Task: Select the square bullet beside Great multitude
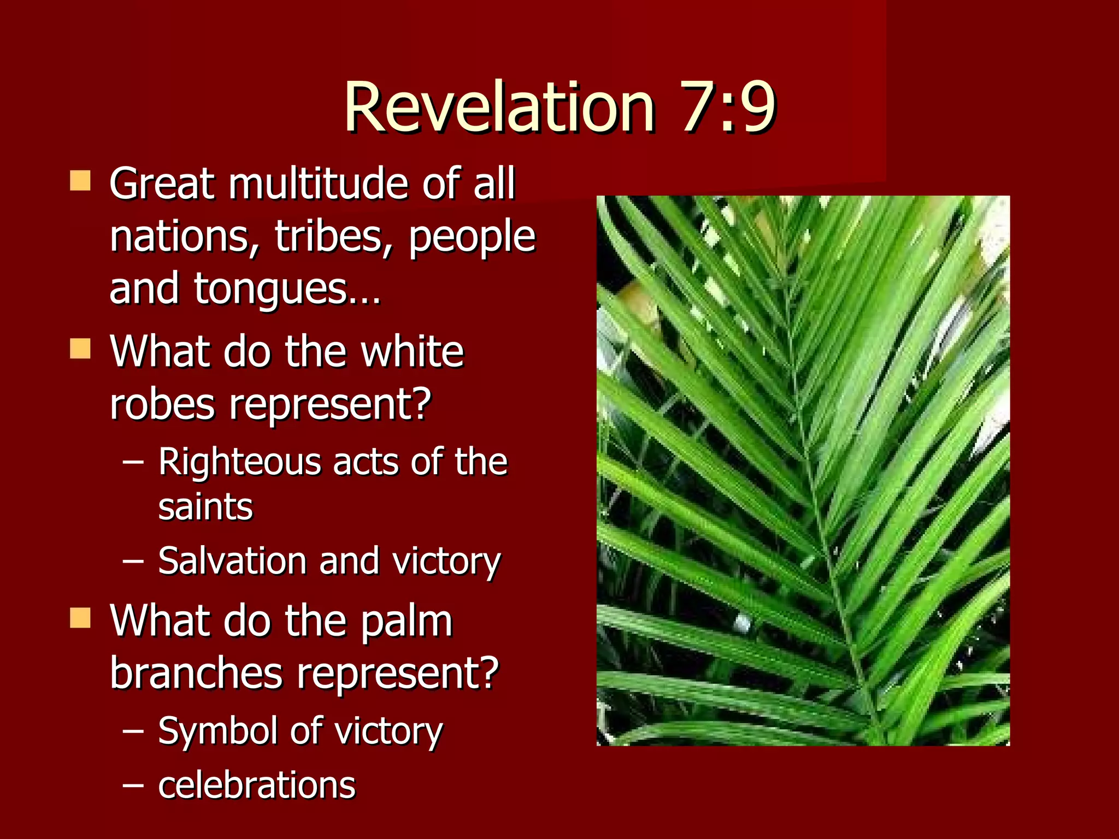tap(80, 181)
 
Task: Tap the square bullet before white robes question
tap(80, 348)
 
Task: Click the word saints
tap(205, 507)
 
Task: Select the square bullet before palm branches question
tap(80, 619)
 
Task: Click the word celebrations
tap(257, 785)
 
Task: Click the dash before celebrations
tap(133, 785)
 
